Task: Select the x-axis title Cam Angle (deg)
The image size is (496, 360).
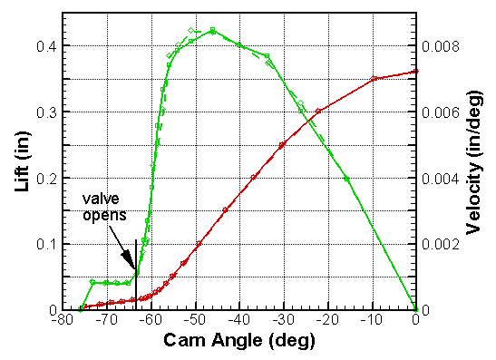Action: [x=238, y=342]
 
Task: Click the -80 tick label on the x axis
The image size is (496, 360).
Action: [x=63, y=320]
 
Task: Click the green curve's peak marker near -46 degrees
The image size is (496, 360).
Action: [x=212, y=31]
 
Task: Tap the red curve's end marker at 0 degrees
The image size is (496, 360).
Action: [x=416, y=71]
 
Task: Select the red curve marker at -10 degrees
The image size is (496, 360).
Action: [x=372, y=79]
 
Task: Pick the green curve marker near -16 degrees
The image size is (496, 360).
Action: [x=346, y=179]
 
